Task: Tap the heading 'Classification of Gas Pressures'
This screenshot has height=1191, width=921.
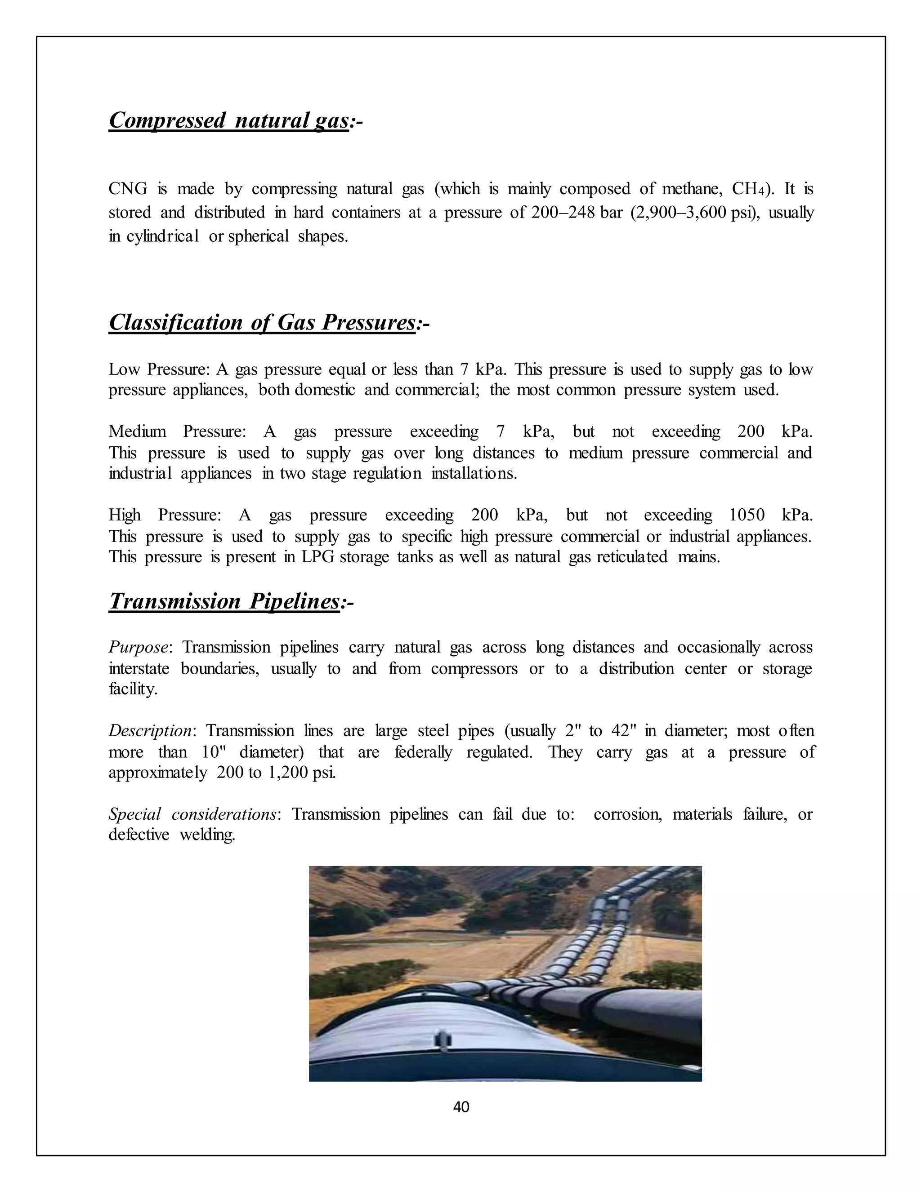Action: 262,322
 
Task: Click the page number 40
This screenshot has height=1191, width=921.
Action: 461,1107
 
